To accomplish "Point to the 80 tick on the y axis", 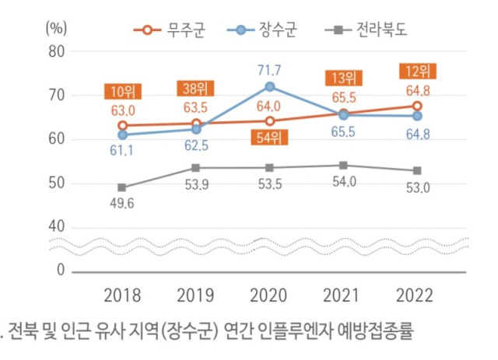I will point(57,51).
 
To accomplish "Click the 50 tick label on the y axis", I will point(57,183).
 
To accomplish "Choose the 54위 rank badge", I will point(269,139).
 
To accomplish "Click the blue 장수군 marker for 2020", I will point(269,86).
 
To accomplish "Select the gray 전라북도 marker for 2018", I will point(122,187).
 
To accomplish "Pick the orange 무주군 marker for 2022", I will point(417,106).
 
